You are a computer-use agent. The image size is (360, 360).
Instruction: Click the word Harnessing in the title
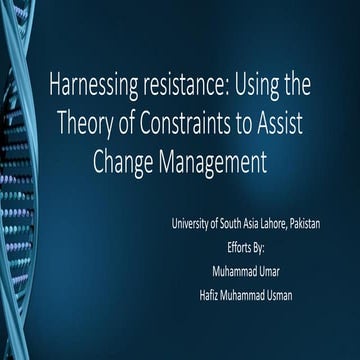(91, 86)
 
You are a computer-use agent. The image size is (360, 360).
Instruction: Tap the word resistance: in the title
(184, 86)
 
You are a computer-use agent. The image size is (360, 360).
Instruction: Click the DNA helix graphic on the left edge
(18, 180)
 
